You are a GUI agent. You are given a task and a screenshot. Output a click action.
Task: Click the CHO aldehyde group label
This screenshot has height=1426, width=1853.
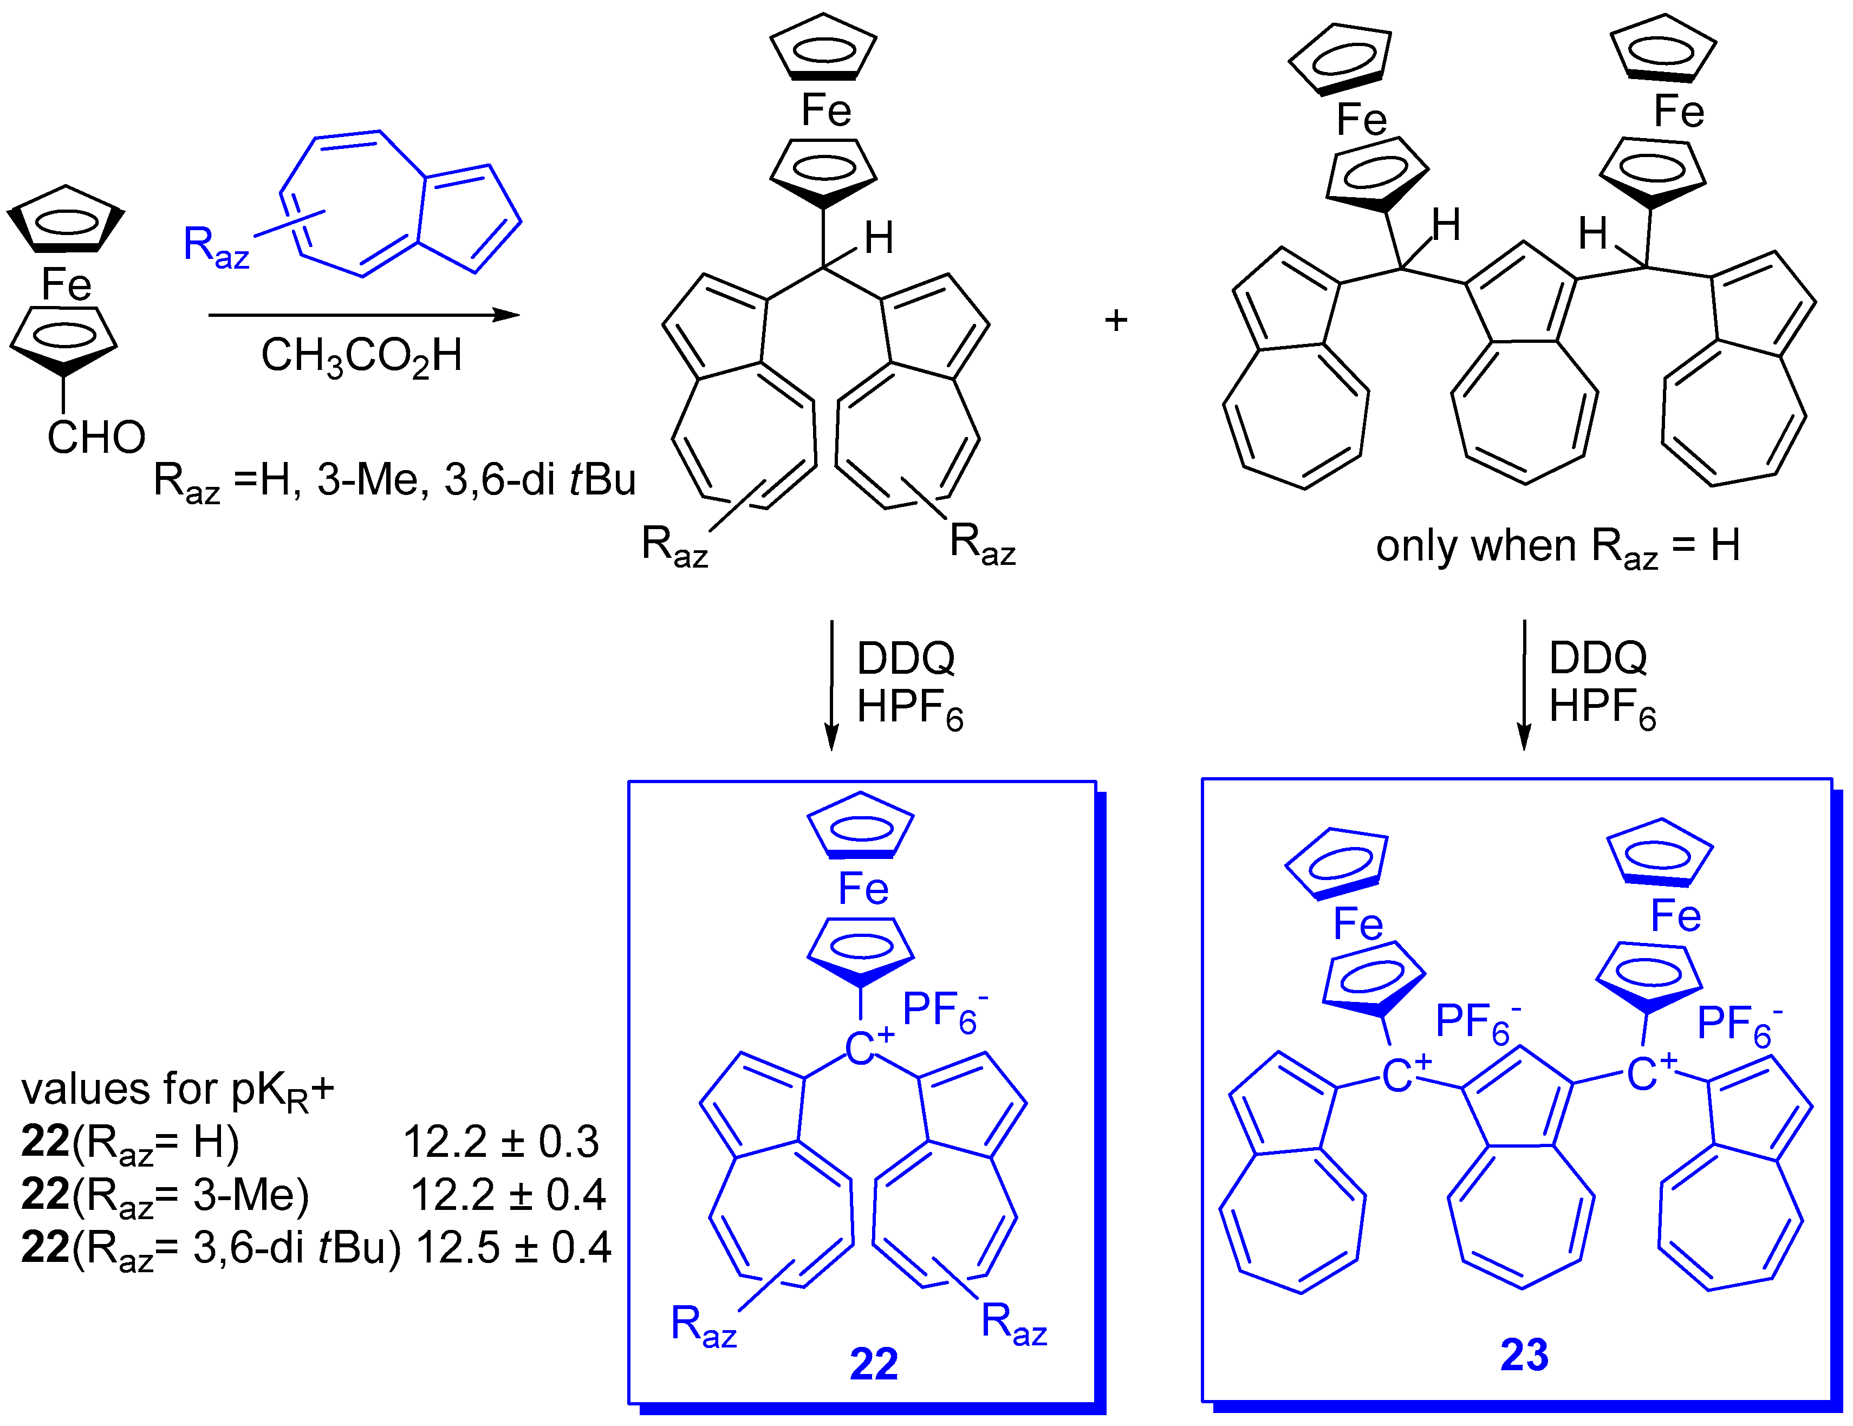(x=96, y=438)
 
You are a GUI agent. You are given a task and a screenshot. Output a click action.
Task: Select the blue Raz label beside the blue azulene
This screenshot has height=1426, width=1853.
(x=216, y=247)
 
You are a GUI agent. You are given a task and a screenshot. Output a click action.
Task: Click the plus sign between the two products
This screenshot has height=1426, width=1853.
(x=1116, y=320)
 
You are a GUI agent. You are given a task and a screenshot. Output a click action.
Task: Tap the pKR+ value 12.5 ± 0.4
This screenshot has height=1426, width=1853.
(x=513, y=1247)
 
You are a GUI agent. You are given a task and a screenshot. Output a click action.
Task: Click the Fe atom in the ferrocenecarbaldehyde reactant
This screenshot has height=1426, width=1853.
(x=66, y=284)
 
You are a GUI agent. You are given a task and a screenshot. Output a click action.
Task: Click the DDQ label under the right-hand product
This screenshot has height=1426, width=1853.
(x=1598, y=657)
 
